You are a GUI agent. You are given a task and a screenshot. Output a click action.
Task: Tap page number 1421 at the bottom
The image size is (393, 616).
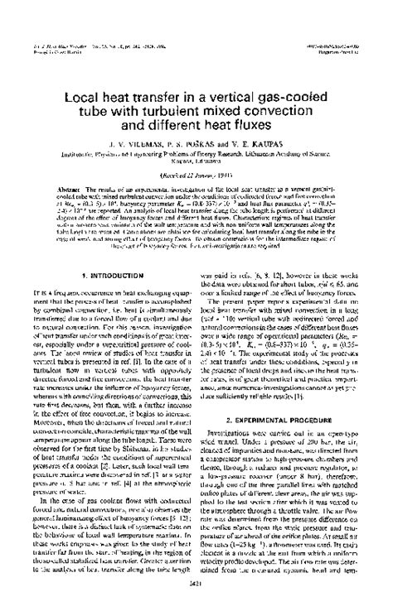point(196,598)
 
